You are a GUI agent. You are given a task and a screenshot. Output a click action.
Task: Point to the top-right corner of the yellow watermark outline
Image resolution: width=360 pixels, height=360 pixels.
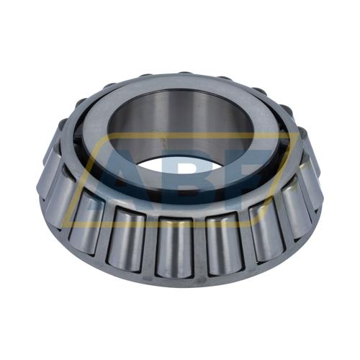pyautogui.click(x=291, y=134)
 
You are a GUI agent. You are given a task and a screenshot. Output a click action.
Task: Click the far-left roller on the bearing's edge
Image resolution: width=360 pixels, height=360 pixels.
pyautogui.click(x=45, y=173)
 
